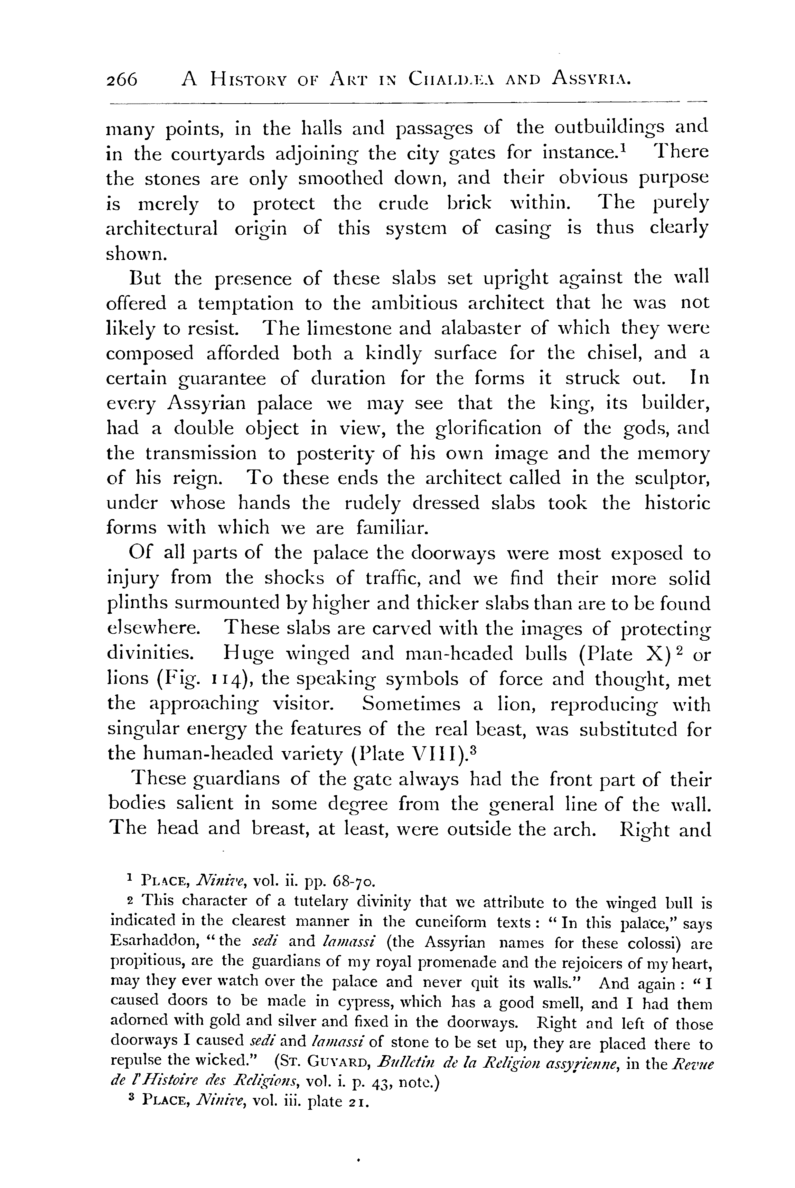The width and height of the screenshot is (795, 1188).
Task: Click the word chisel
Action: [x=608, y=353]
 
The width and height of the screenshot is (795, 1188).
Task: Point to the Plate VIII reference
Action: [x=411, y=754]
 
